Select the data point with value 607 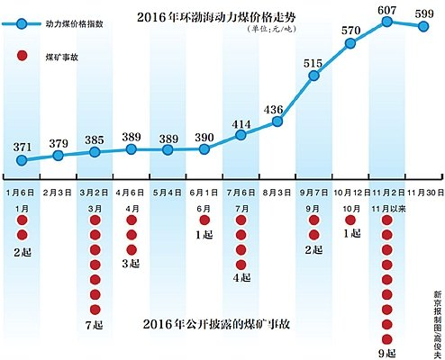[388, 20]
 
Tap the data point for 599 [424, 26]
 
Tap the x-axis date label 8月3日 [277, 192]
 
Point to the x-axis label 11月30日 [424, 192]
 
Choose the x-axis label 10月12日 [351, 192]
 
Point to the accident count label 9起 [387, 353]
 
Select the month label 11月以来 [387, 207]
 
